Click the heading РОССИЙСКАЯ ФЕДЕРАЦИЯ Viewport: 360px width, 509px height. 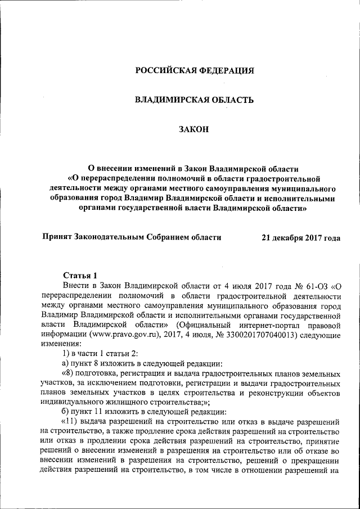(x=194, y=71)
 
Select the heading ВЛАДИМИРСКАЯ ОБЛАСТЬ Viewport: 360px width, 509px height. (x=194, y=100)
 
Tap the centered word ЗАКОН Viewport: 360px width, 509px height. (x=193, y=130)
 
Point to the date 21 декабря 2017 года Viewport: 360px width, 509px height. (x=301, y=238)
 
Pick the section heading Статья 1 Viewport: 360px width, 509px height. (x=80, y=275)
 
